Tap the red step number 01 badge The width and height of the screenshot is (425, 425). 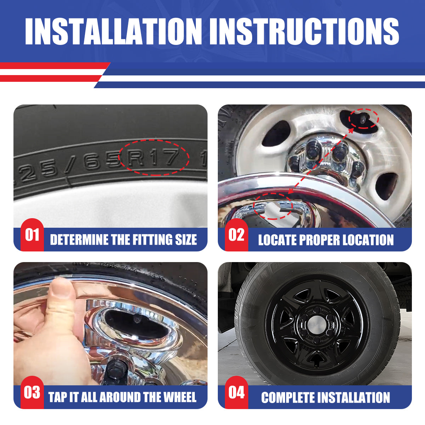32,235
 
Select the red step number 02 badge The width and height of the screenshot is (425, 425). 236,235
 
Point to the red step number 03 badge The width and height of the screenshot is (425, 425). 32,392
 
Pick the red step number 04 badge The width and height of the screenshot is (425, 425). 236,392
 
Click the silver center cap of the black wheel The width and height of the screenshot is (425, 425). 315,323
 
